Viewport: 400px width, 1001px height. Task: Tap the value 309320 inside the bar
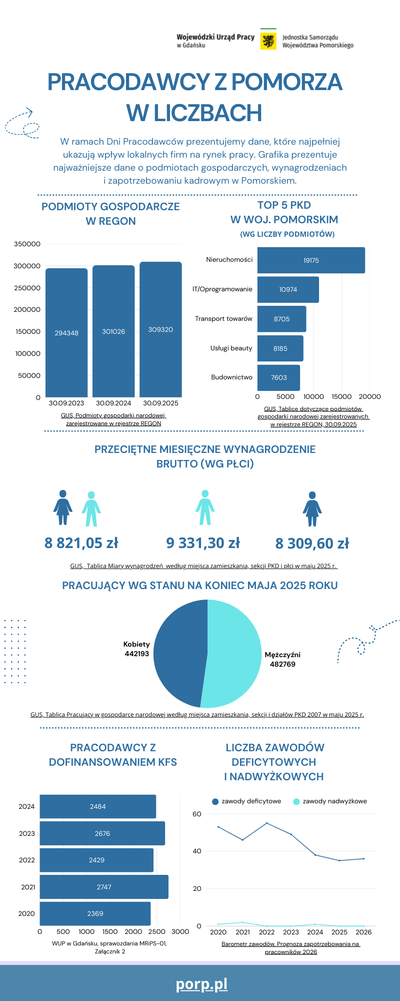click(x=160, y=329)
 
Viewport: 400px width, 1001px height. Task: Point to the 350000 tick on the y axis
click(x=27, y=244)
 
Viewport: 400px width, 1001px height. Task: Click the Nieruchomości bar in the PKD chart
click(x=311, y=260)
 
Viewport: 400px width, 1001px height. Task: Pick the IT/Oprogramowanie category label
click(x=222, y=289)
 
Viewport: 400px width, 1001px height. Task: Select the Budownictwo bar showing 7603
click(x=278, y=377)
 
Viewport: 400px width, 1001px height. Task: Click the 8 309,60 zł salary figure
click(x=312, y=544)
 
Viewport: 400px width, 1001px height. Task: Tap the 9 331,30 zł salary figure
click(x=203, y=543)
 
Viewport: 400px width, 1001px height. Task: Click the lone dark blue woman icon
click(x=312, y=509)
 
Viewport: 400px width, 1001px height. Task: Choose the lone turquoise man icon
click(x=204, y=508)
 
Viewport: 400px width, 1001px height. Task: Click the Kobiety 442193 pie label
click(x=136, y=649)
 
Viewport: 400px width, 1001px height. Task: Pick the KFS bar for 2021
click(x=104, y=887)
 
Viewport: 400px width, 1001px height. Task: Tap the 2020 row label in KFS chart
click(x=26, y=913)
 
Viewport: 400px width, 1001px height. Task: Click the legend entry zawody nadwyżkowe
click(x=334, y=801)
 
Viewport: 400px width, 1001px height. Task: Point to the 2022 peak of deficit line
click(x=266, y=823)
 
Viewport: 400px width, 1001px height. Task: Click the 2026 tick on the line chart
click(x=363, y=932)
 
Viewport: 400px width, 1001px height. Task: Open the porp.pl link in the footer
click(x=201, y=984)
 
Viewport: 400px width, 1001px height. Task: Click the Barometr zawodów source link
click(x=290, y=948)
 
